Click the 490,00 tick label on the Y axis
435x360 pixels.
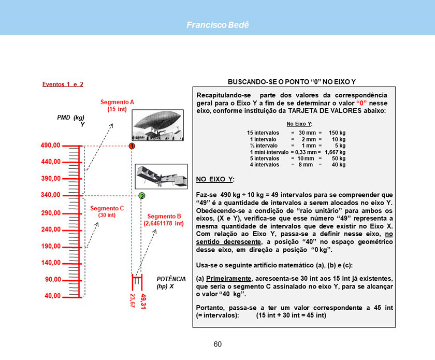(x=50, y=145)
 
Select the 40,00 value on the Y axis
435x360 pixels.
(x=50, y=296)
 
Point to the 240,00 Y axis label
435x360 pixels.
(x=50, y=229)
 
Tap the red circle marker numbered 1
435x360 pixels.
(x=133, y=146)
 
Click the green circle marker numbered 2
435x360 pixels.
(x=141, y=196)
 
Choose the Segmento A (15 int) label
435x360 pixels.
(x=117, y=106)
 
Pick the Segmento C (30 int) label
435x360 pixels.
(x=107, y=211)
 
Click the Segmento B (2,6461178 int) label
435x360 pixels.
(x=164, y=220)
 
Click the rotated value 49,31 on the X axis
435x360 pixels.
(x=143, y=301)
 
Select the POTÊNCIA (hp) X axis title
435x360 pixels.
(x=167, y=282)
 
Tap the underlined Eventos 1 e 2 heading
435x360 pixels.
(x=63, y=84)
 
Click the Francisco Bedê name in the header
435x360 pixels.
(x=217, y=25)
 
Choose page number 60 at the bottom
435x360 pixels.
(x=218, y=344)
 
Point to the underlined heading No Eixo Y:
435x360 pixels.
(x=299, y=124)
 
